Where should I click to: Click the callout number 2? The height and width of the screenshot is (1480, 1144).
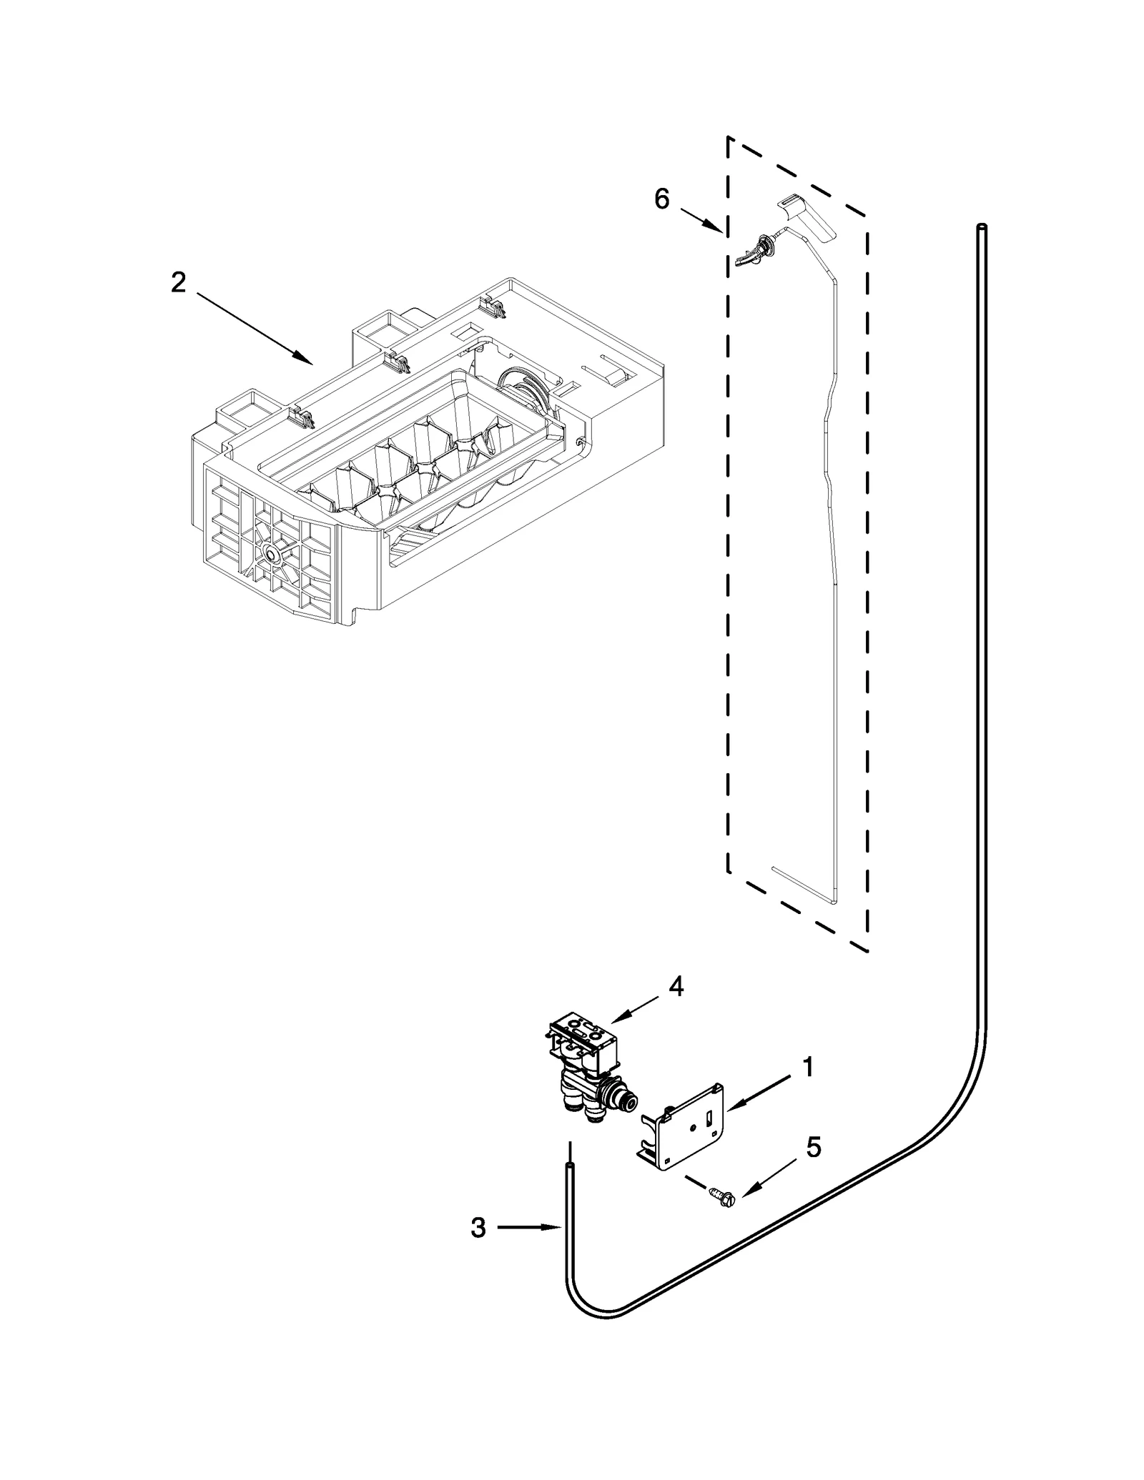(178, 283)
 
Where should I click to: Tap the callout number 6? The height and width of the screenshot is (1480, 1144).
(661, 199)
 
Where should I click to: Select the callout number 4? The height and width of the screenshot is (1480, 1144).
(676, 986)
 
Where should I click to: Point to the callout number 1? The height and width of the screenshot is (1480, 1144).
(807, 1087)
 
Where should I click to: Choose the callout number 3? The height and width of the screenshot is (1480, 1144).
(478, 1228)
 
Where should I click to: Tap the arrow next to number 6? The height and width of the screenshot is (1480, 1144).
(701, 220)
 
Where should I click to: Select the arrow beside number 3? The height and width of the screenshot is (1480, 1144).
(529, 1228)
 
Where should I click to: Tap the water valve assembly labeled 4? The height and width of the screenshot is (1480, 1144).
(586, 1072)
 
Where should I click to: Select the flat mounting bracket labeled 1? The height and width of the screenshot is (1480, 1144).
(683, 1129)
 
